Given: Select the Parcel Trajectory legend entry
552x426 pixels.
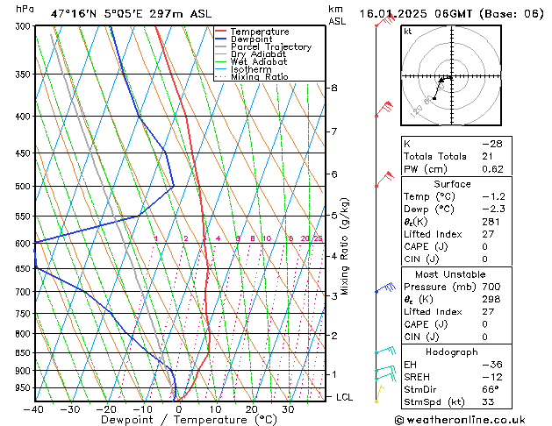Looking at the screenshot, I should (270, 47).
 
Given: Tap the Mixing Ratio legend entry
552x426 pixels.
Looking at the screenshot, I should (259, 77).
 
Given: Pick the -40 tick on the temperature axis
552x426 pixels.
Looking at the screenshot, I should (33, 409).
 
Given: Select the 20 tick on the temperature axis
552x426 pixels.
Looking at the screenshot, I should (252, 409).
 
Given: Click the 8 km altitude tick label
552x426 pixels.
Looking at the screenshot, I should (334, 89).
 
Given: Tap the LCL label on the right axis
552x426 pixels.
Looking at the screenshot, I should (346, 397).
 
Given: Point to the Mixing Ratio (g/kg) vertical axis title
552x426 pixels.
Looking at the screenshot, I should (346, 245).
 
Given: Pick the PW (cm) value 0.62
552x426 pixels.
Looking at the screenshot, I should (491, 169).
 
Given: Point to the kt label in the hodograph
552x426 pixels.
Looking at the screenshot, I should (408, 32).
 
